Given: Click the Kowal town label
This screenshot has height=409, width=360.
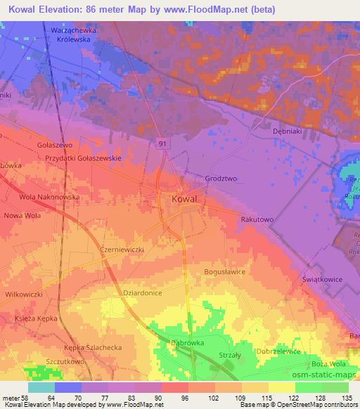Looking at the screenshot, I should click(x=184, y=200).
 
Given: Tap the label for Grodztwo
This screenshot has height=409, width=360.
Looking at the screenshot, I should click(x=220, y=178).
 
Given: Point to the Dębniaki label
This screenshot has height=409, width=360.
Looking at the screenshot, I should click(x=287, y=131).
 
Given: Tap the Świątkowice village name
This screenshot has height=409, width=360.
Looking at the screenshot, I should click(x=323, y=279).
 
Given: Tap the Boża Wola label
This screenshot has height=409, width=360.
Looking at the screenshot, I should click(x=328, y=364).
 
